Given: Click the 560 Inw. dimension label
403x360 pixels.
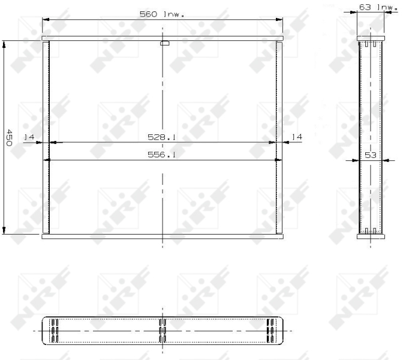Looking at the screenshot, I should pos(170,13).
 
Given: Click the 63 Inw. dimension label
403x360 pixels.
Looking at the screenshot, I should pos(377,7).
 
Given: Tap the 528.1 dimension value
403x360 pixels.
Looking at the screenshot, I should pos(161,137).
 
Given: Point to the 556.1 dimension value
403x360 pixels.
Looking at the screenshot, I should pos(161,155).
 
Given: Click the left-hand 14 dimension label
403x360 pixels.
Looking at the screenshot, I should pos(29,137).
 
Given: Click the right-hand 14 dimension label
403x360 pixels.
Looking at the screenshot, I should pos(296,137).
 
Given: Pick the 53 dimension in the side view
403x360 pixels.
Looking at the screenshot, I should pos(370,155).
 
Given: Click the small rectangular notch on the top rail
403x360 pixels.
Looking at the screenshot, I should pos(165,43).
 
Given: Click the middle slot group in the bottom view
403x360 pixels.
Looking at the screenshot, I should pos(162,331).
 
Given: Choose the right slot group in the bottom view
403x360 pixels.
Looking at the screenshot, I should pos(270,331).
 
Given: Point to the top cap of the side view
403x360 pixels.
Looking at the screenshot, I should pos(370,38).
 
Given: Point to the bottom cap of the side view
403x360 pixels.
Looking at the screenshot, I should pos(370,236).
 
